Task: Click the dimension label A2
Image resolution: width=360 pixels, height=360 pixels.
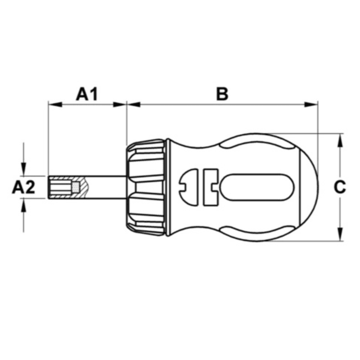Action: (x=23, y=187)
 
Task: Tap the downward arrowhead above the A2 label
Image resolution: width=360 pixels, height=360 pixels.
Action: (x=23, y=171)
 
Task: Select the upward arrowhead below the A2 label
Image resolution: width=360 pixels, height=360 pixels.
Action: (x=23, y=203)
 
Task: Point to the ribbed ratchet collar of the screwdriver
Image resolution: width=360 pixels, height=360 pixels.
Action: (x=146, y=187)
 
